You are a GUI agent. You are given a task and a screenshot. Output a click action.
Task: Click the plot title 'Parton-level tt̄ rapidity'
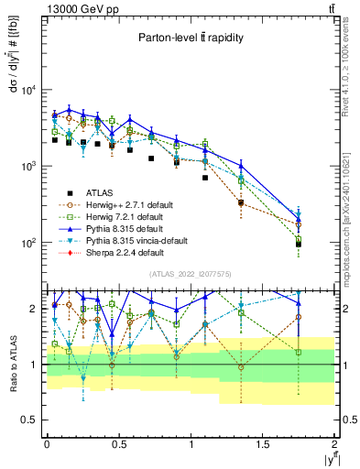click(x=187, y=38)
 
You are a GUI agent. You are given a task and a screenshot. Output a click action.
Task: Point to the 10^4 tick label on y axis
click(x=25, y=90)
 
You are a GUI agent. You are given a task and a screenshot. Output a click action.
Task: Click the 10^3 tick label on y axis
click(x=25, y=167)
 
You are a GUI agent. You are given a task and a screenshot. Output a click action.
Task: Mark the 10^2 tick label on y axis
click(x=25, y=244)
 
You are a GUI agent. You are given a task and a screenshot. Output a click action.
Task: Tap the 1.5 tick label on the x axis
click(x=263, y=443)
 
